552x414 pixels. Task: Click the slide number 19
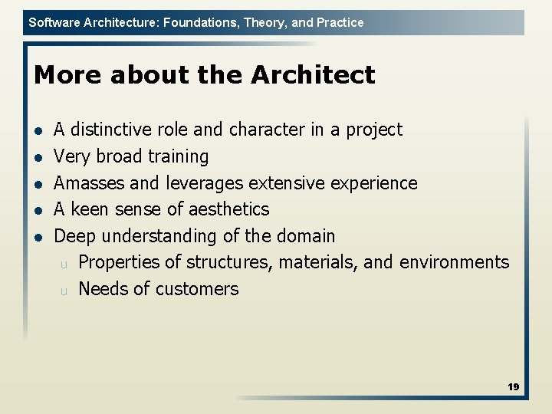513,387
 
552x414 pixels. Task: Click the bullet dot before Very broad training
39,157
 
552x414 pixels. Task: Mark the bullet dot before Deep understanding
39,236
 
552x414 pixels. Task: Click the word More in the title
68,75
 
